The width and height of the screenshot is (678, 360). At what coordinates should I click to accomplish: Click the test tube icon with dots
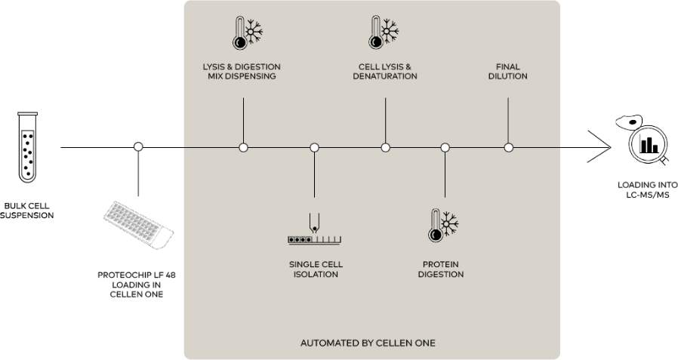pyautogui.click(x=28, y=147)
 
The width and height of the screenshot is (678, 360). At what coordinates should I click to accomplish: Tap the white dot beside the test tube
pyautogui.click(x=138, y=146)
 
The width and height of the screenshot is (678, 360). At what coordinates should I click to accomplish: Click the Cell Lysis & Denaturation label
pyautogui.click(x=385, y=72)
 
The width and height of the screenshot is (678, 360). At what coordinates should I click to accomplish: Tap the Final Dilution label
pyautogui.click(x=508, y=72)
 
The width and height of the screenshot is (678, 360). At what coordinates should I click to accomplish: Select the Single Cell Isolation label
pyautogui.click(x=314, y=269)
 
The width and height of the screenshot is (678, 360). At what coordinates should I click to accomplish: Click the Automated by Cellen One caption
pyautogui.click(x=368, y=343)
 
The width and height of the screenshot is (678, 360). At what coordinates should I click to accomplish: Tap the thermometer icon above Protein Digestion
pyautogui.click(x=443, y=226)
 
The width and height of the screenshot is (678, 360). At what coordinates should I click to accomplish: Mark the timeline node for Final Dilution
pyautogui.click(x=508, y=148)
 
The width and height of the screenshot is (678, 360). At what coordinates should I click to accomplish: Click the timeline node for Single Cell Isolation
pyautogui.click(x=314, y=148)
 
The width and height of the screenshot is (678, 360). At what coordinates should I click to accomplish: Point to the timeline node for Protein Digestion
pyautogui.click(x=445, y=148)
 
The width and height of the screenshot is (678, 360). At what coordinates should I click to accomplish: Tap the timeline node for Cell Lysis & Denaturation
pyautogui.click(x=385, y=148)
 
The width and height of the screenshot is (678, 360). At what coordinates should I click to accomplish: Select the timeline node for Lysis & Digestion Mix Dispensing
pyautogui.click(x=243, y=148)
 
